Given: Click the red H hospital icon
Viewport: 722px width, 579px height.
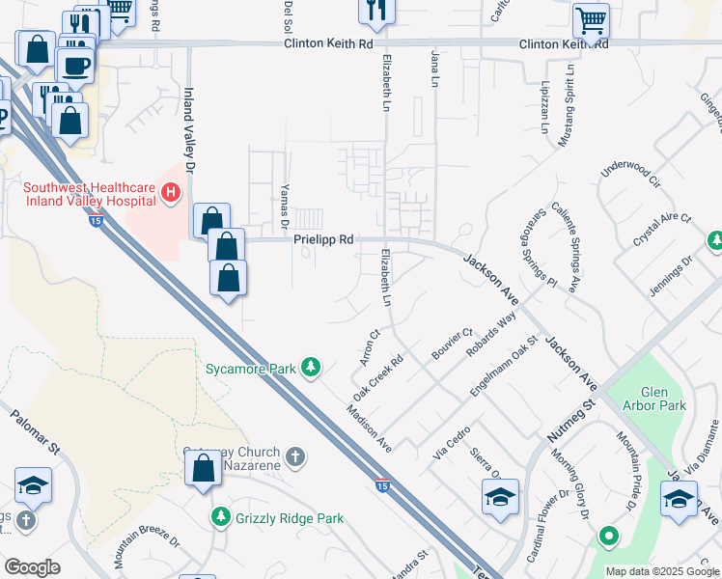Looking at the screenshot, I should coord(171,193).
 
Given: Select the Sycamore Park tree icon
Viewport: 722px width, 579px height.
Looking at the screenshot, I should coord(311,367).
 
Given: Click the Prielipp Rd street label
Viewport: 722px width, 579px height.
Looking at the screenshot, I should coord(323,239).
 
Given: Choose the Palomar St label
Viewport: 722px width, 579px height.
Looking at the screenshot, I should coord(36,434).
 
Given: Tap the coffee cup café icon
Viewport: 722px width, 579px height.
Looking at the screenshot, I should coord(74,65).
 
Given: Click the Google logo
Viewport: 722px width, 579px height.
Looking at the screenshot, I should coord(32,567).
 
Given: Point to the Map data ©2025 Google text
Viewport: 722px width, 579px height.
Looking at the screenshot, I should coord(662,571).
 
